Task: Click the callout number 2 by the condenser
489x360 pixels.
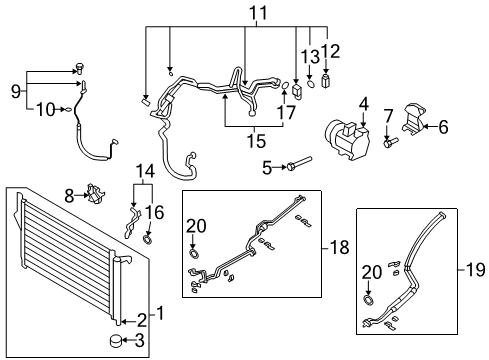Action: point(141,320)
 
